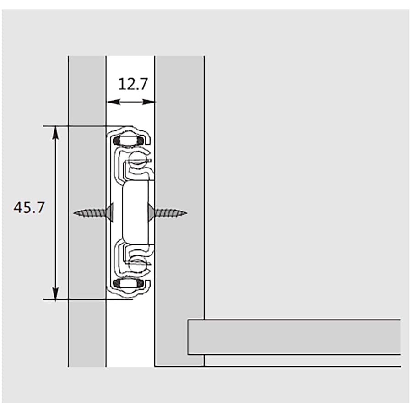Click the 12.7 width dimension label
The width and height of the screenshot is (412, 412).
pos(133,84)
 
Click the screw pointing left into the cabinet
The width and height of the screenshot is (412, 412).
pos(93,212)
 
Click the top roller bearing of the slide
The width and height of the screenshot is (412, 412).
pos(129,140)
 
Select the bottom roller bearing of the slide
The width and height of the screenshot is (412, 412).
pos(129,284)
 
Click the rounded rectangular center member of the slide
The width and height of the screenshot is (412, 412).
pos(136,212)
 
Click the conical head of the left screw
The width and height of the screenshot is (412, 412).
pos(109,212)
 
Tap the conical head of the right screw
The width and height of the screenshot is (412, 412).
pos(152,212)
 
